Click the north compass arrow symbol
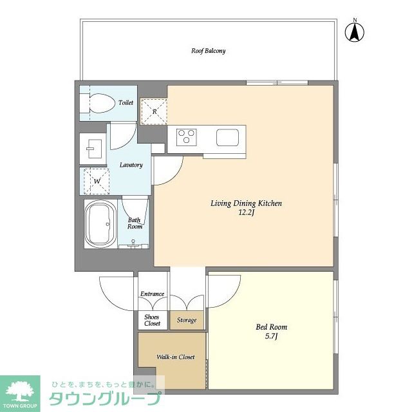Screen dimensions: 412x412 point(355,32)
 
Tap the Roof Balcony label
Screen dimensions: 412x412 point(209,51)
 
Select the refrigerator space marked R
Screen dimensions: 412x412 point(154,111)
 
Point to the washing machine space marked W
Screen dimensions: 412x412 point(97,182)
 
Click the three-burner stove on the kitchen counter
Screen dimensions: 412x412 point(187,137)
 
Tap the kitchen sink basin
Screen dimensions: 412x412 point(227,137)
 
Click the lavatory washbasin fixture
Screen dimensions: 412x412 point(95,149)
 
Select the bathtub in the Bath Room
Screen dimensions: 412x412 point(100,224)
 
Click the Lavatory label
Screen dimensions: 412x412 point(131,165)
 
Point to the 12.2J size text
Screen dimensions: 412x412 point(246,212)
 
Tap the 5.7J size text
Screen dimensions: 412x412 point(272,336)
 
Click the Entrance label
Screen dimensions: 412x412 point(152,294)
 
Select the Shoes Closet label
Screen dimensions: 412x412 point(152,320)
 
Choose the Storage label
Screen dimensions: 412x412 point(187,320)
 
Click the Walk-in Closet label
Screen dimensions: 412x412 point(176,357)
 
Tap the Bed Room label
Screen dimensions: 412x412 point(272,327)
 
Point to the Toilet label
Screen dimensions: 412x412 point(126,103)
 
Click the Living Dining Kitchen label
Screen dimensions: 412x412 point(246,203)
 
